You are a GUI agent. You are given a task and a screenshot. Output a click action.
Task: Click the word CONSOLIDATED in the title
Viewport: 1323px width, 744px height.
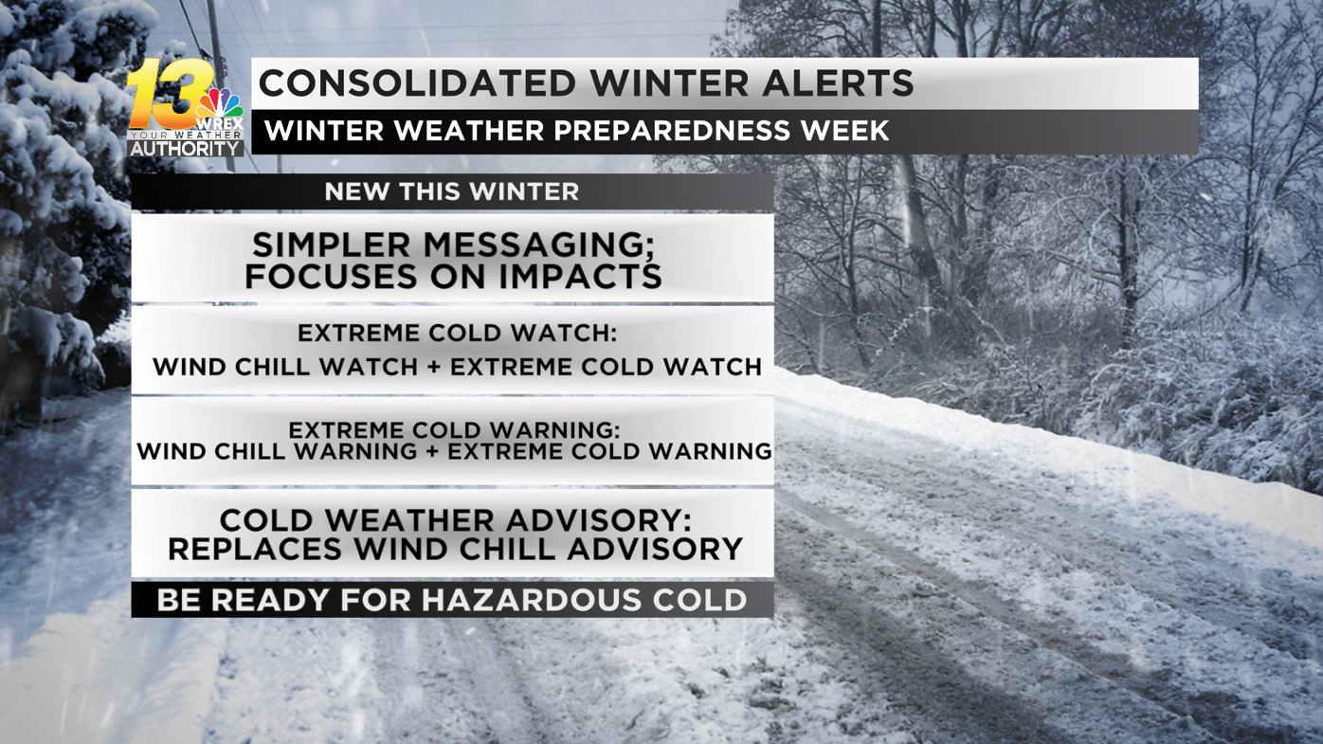(417, 83)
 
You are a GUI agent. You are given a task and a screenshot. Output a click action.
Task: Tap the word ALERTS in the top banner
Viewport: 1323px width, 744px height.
(837, 83)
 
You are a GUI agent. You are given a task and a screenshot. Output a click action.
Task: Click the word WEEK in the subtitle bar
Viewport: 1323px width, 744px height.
(844, 131)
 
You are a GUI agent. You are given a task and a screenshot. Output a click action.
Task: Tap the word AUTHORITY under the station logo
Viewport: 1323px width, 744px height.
(186, 149)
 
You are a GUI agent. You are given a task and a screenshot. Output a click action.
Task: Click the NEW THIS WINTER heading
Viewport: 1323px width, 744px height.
(451, 191)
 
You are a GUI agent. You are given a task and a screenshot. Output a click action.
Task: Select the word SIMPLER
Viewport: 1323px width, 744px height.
(331, 245)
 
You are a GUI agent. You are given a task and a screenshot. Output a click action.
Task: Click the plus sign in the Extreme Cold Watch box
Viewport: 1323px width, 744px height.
(433, 367)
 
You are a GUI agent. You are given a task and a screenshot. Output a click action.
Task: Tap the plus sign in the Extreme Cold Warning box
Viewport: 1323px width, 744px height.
(431, 451)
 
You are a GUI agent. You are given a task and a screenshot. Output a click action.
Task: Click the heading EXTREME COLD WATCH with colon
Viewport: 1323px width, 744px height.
(457, 333)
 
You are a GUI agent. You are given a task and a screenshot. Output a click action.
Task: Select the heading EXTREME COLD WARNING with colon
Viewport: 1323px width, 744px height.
(454, 430)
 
